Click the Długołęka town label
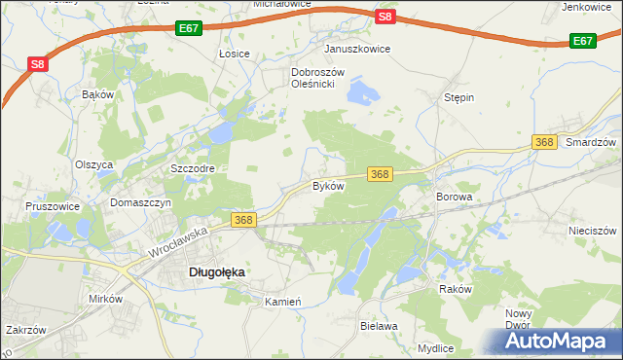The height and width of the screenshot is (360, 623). click(215, 273)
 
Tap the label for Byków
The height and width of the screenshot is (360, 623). click(328, 185)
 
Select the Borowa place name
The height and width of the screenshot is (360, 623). click(454, 197)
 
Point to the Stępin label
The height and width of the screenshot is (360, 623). click(458, 98)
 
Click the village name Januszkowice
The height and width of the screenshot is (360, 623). click(357, 49)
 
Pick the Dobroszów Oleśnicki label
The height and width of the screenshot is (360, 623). click(313, 78)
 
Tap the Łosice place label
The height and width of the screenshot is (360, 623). click(235, 54)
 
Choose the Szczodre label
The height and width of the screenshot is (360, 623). click(192, 168)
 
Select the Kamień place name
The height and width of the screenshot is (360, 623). click(285, 303)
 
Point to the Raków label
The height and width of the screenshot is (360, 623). click(455, 290)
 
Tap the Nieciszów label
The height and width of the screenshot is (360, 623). click(593, 232)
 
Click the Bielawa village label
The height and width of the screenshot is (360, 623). click(379, 327)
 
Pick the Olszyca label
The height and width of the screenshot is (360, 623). click(94, 164)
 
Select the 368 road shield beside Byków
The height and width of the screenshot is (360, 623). click(380, 173)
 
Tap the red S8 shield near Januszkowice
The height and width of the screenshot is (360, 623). click(385, 17)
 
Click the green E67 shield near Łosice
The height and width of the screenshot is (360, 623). click(190, 30)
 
